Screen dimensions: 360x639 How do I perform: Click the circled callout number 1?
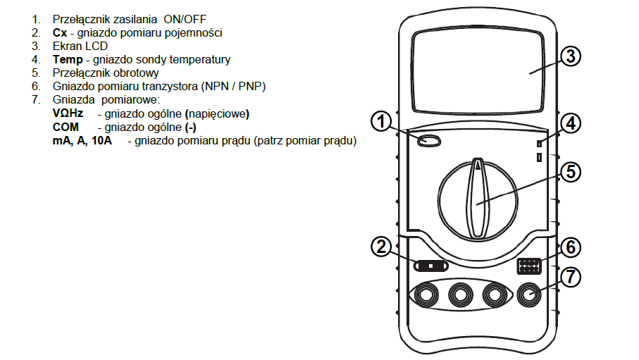coord(380,122)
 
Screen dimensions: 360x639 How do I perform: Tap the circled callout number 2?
coord(380,247)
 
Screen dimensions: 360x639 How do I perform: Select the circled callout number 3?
coord(570,56)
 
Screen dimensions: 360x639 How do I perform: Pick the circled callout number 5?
coord(570,171)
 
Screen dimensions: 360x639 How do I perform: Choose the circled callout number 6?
coord(570,247)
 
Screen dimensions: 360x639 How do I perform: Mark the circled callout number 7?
coord(570,277)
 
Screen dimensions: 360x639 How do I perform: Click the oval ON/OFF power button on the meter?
coord(429,141)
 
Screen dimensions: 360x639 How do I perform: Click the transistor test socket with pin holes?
coord(528,266)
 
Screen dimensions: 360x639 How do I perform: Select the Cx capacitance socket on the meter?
coord(431,266)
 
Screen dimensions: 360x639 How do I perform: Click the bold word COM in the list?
coord(66,127)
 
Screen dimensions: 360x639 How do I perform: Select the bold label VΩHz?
coord(68,113)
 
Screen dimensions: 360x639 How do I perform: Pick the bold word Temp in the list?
coord(68,59)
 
